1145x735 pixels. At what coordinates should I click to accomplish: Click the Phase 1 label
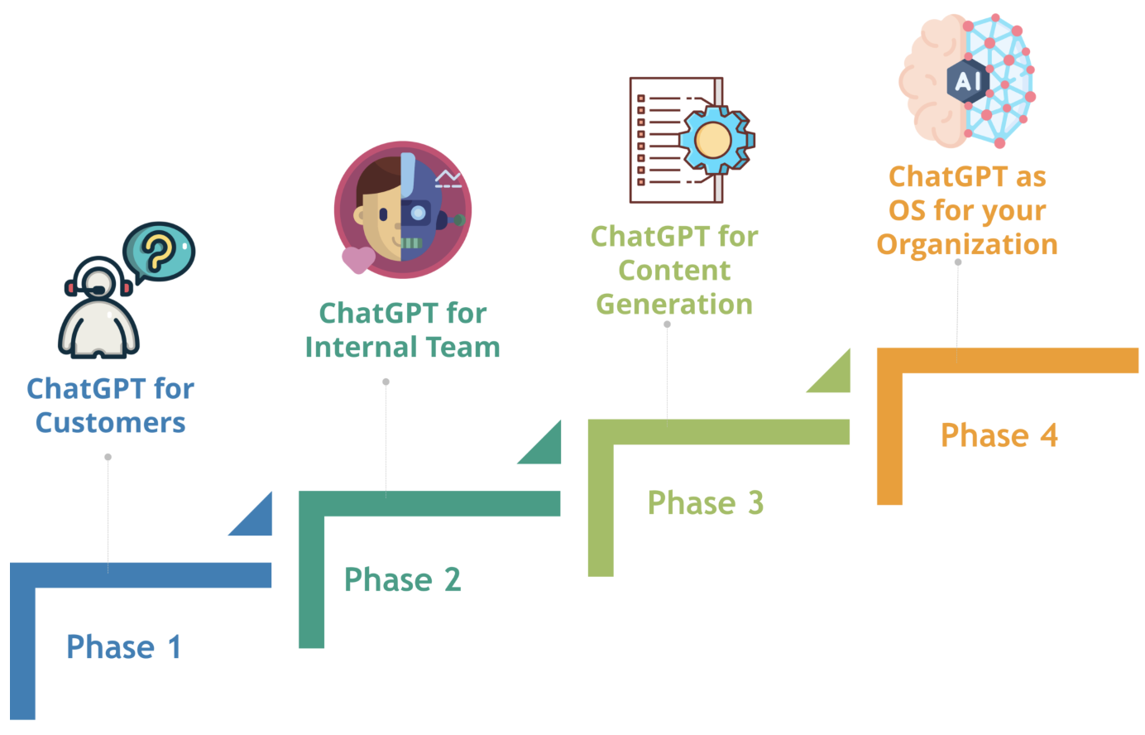123,647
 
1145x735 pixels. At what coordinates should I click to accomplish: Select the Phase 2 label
402,579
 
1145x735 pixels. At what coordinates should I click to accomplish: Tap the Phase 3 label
705,502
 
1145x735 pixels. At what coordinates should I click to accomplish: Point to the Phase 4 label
999,435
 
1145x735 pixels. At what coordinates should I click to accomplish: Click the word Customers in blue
110,423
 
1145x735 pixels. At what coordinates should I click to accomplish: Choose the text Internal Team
402,347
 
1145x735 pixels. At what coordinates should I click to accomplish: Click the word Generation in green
674,305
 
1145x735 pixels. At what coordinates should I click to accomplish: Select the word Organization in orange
967,245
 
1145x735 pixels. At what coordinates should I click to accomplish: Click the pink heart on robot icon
358,259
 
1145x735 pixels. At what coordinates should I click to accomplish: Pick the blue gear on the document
714,140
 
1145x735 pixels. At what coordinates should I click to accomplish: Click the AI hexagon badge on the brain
967,81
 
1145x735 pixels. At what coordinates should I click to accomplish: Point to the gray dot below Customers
108,457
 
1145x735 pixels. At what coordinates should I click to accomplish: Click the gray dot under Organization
958,262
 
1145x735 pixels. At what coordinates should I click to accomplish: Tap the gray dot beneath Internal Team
386,382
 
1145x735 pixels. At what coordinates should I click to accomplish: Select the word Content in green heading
674,271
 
